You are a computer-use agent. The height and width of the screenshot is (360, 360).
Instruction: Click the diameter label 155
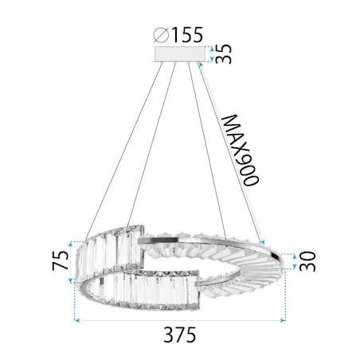pos(188,34)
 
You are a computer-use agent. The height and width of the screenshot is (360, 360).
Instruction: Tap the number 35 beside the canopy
pos(226,54)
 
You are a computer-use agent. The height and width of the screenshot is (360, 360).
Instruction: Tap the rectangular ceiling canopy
pos(179,54)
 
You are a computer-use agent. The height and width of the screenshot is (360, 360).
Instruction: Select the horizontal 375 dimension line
pos(180,320)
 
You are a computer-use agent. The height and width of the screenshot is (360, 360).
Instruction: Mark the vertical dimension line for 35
pos(209,54)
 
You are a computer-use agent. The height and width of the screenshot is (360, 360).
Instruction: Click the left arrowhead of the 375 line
pos(77,320)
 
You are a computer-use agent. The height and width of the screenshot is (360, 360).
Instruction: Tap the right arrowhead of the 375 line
pos(284,320)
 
